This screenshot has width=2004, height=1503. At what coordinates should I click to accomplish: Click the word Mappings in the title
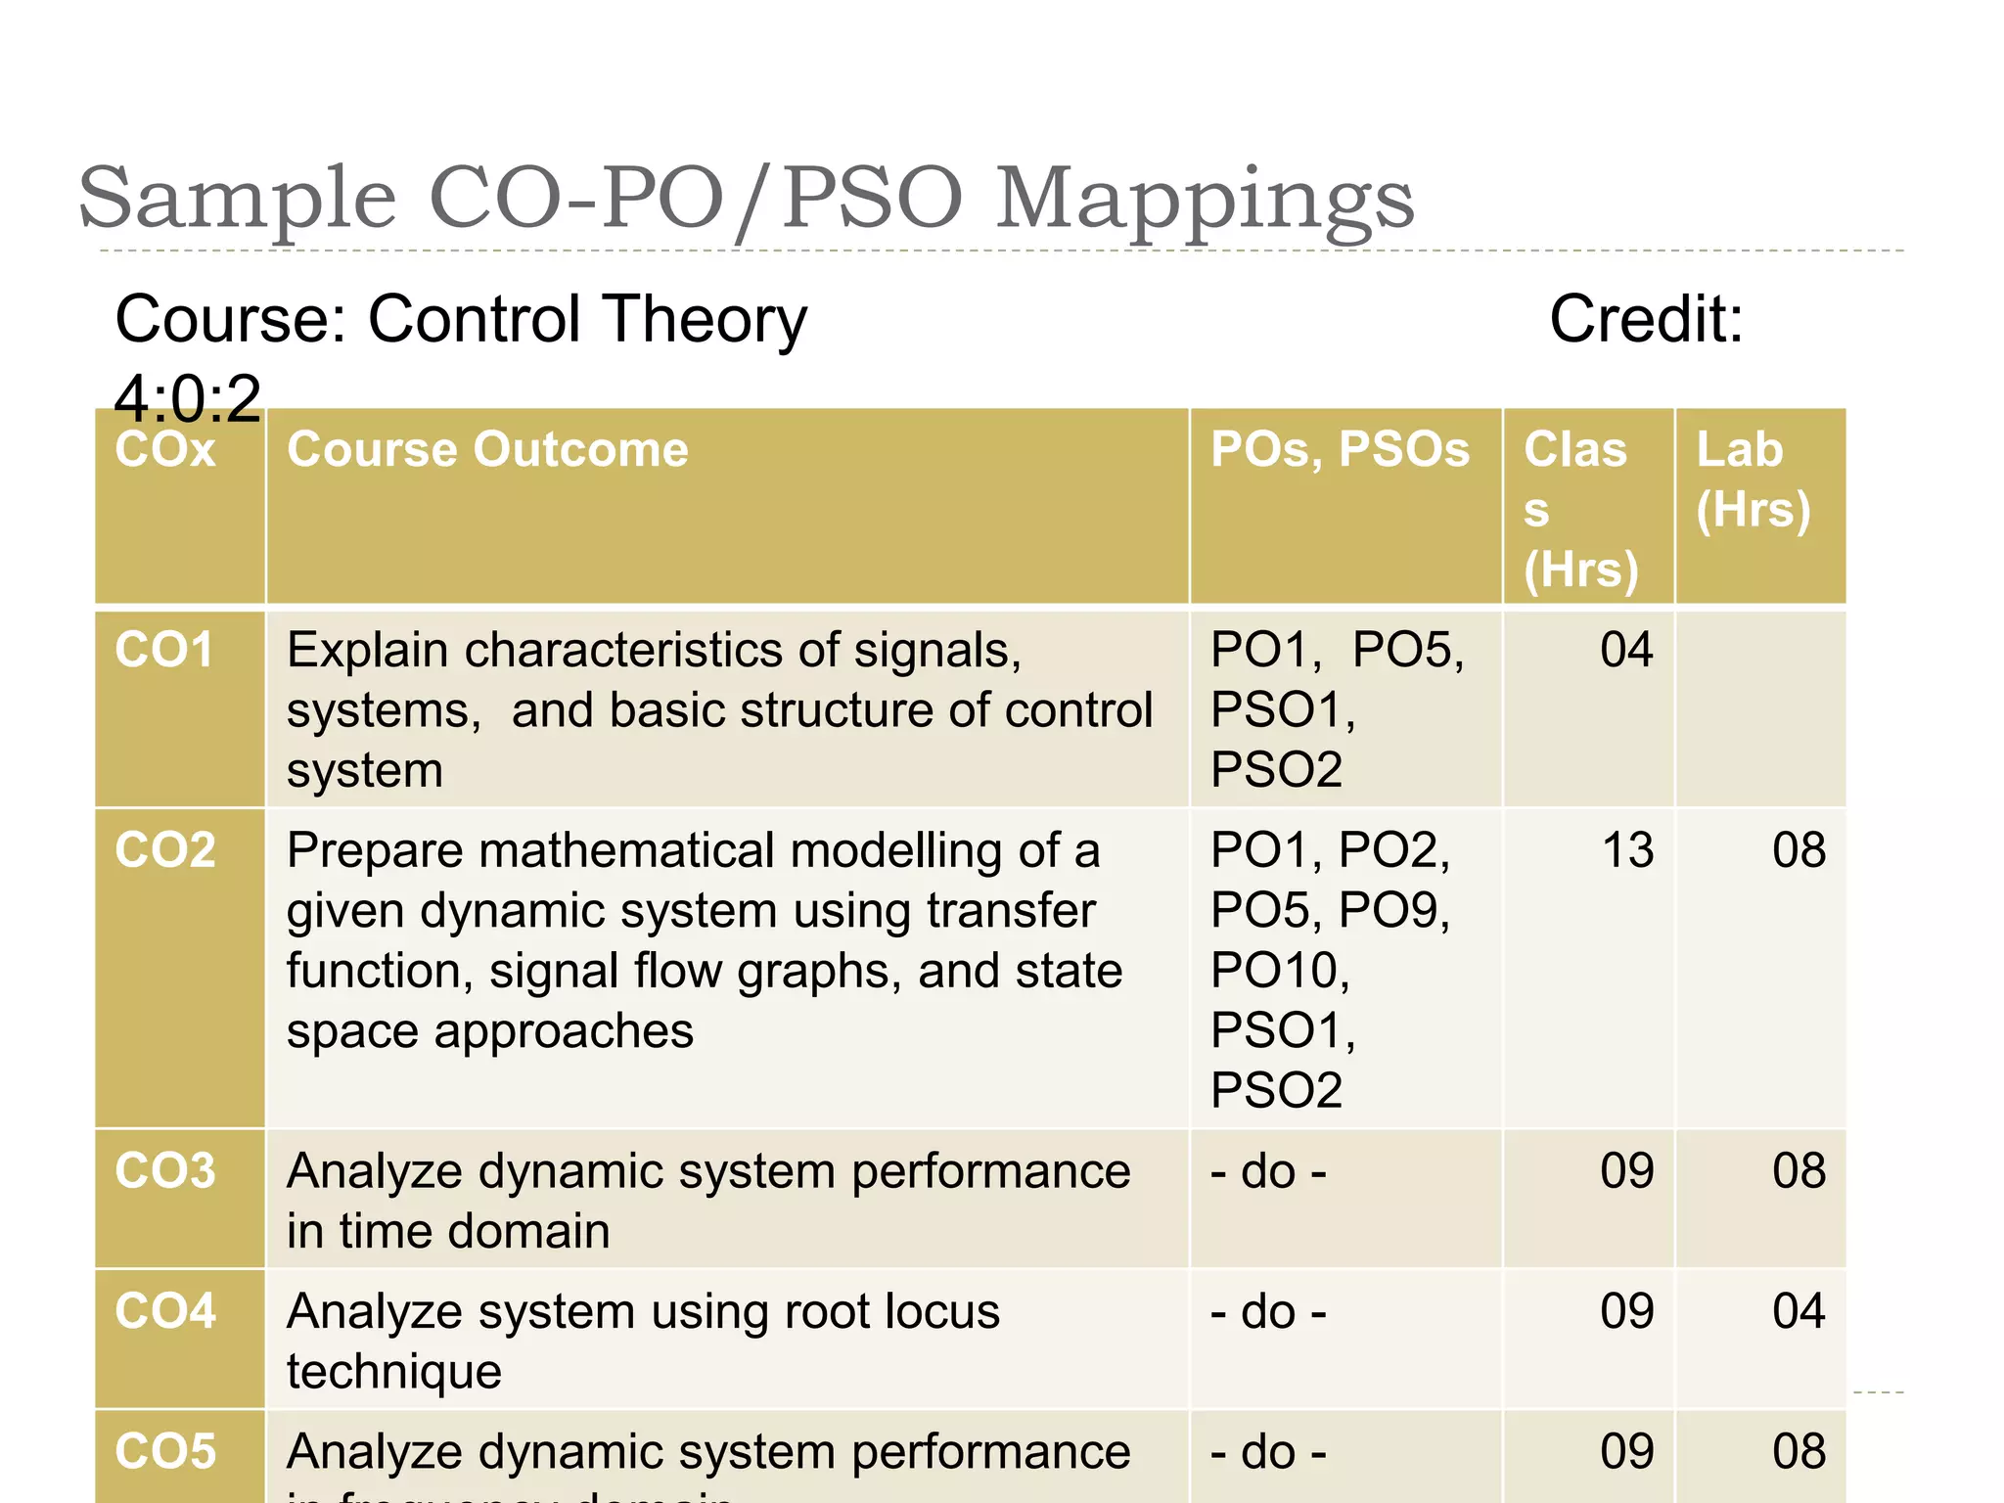coord(1204,201)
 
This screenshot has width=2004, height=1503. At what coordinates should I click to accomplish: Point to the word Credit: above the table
coord(1646,319)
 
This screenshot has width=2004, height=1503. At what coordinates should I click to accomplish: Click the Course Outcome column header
coord(487,450)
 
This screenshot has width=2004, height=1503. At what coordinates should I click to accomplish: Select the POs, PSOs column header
coord(1340,450)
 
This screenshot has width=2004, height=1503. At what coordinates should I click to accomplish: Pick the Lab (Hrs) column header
coord(1753,479)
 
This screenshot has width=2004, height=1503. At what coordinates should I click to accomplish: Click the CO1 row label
coord(164,651)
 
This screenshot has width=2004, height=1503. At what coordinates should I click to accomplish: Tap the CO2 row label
coord(164,850)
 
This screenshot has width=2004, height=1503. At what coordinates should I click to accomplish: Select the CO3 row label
coord(164,1171)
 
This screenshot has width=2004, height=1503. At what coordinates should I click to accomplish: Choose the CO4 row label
coord(164,1311)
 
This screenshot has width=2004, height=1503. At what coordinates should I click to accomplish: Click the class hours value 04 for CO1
coord(1626,651)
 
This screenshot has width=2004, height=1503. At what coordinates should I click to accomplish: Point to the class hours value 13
coord(1626,850)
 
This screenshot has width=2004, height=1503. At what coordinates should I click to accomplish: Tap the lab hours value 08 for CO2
coord(1799,850)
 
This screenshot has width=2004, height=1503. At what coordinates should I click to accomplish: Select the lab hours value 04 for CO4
coord(1799,1311)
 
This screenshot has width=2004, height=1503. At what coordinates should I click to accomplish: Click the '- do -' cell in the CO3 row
coord(1268,1171)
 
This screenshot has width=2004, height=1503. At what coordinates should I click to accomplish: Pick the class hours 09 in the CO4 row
coord(1626,1311)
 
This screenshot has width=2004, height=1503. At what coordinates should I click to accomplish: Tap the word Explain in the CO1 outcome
coord(367,651)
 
